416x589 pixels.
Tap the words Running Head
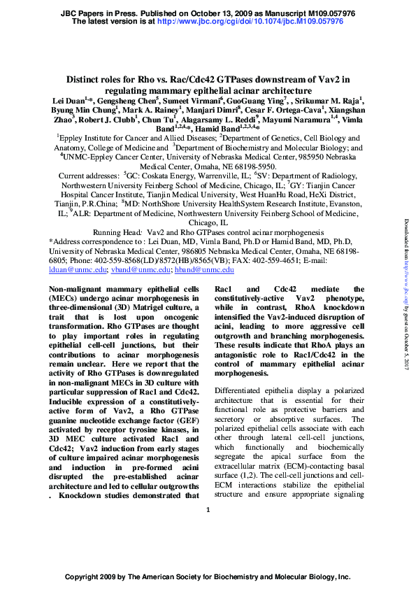[118, 232]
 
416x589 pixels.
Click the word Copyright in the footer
[85, 578]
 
